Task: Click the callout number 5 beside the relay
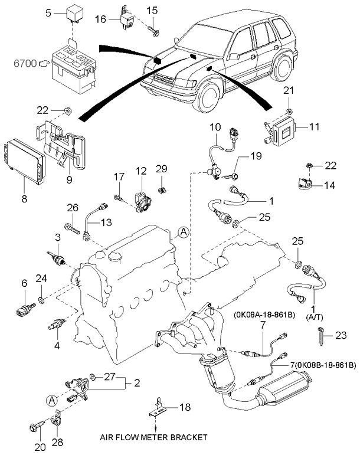coord(50,12)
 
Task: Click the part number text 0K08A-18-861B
coord(266,315)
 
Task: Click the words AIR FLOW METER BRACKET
coord(155,437)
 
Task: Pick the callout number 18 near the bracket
coord(185,407)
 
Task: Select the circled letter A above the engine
coord(184,233)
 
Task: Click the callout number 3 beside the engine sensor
coord(58,237)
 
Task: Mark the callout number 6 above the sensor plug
coord(25,283)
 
